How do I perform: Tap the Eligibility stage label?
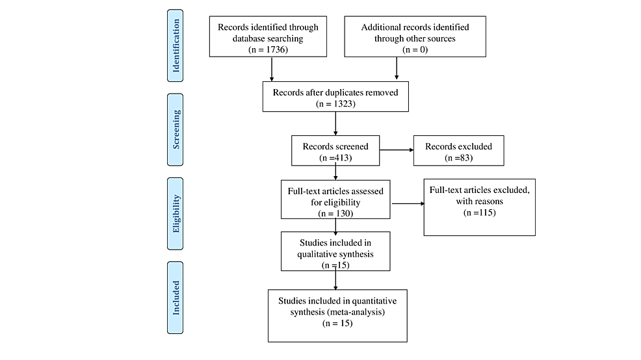tap(176, 214)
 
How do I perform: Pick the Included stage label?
tap(176, 298)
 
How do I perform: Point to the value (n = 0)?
tap(414, 49)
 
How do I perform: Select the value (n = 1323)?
tap(335, 104)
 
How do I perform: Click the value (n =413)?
tap(335, 157)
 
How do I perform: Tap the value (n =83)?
tap(458, 157)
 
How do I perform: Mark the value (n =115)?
tap(479, 212)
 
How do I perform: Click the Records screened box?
tap(335, 151)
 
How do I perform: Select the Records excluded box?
tap(458, 151)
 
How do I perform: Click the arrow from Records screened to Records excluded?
tap(396, 151)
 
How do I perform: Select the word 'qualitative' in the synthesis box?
tap(311, 254)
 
